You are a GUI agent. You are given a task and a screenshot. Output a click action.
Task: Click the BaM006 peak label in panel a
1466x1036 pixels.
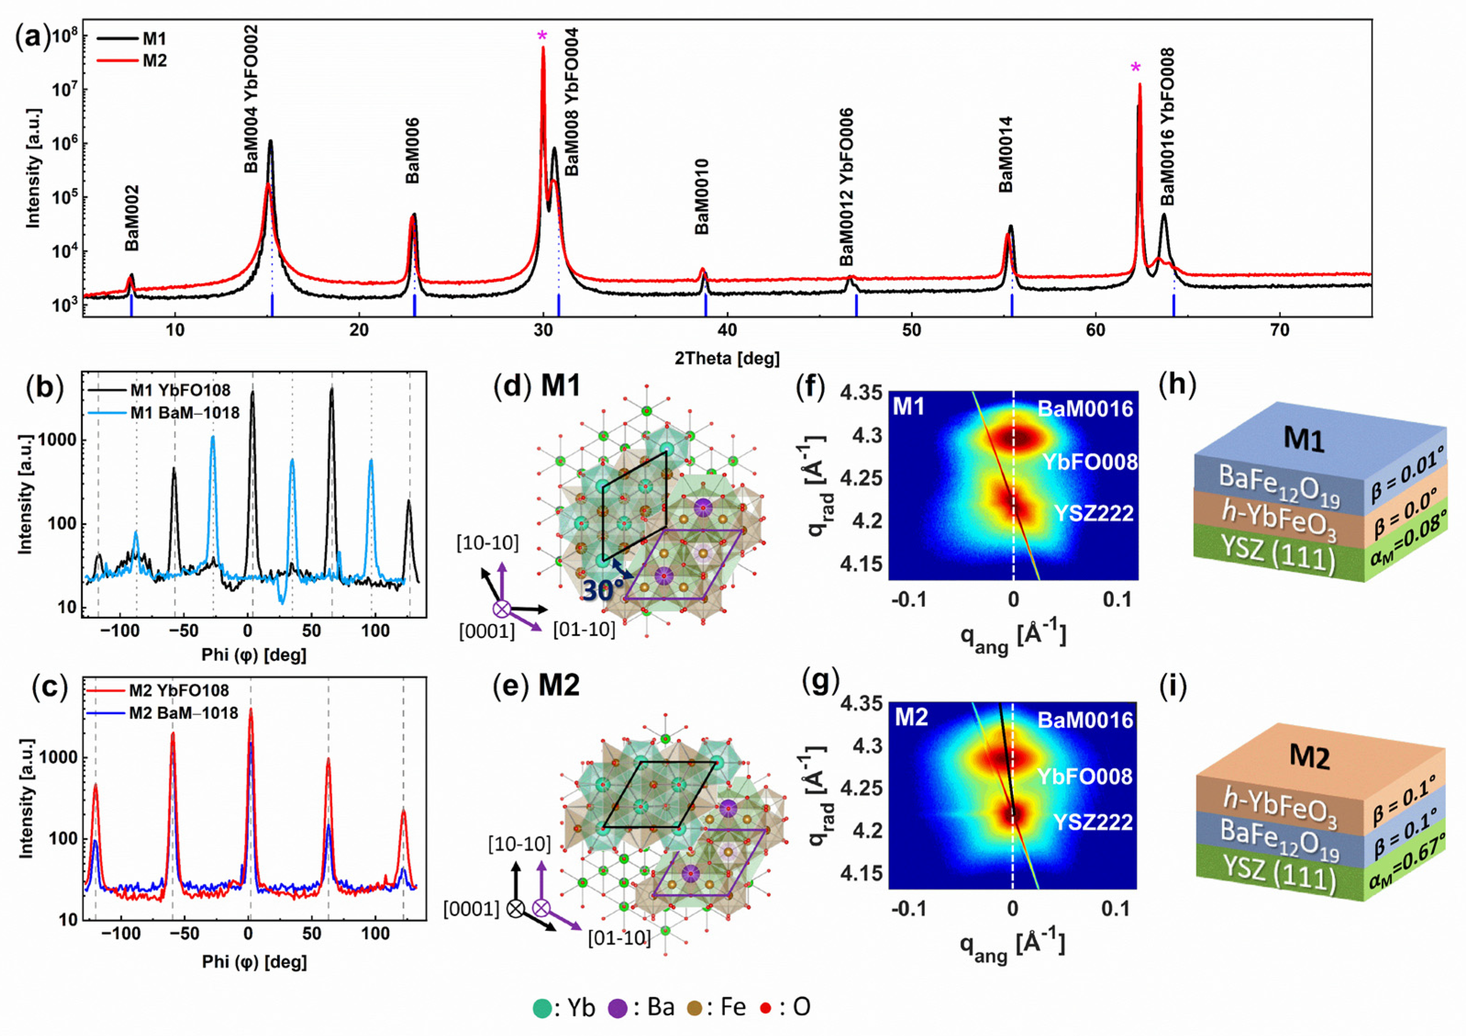click(413, 151)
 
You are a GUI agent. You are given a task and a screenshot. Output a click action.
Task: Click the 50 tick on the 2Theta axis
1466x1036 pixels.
click(911, 330)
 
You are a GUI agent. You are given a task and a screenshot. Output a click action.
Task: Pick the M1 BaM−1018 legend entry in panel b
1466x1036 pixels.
click(184, 413)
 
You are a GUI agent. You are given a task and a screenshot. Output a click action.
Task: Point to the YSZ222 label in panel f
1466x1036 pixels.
click(1093, 513)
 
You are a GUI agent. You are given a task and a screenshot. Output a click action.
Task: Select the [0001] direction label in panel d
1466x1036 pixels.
click(487, 631)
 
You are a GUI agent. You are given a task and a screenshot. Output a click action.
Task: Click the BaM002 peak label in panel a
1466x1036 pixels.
click(132, 218)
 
